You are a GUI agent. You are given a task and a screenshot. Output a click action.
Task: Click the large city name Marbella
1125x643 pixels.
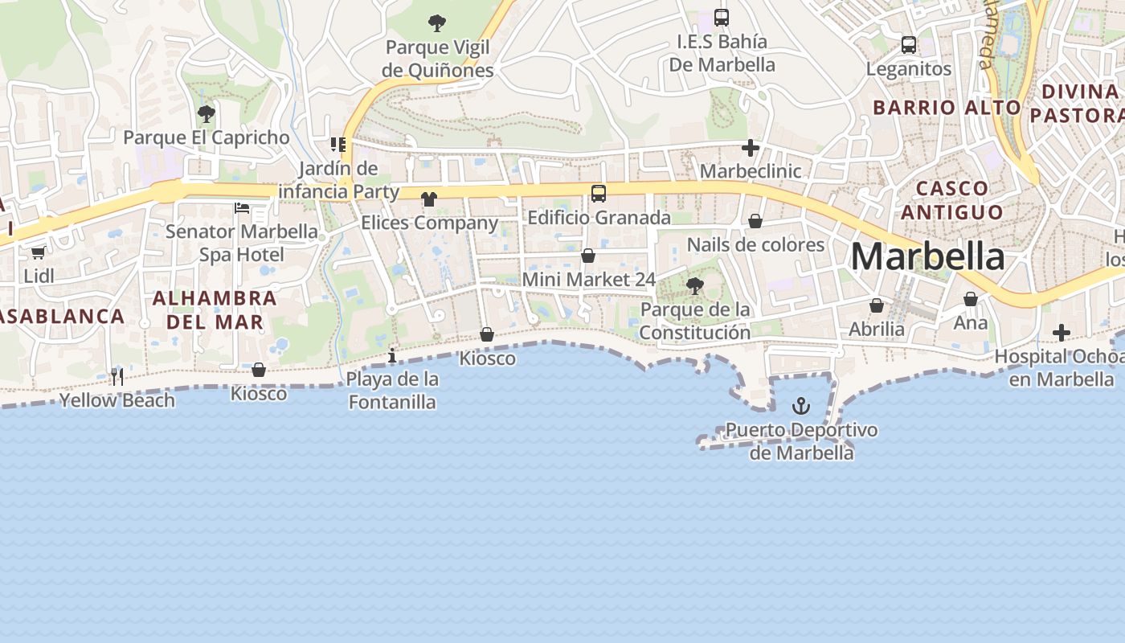(927, 256)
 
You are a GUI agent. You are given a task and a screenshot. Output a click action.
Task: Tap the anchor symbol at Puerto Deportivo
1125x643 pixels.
(800, 406)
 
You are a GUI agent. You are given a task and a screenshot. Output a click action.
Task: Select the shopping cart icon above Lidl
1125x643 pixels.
(38, 252)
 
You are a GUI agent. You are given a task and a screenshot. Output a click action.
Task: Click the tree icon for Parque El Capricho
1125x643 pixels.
(207, 113)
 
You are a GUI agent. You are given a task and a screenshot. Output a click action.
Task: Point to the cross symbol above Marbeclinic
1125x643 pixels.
(751, 148)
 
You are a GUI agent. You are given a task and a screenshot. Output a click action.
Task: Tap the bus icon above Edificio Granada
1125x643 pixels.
(599, 193)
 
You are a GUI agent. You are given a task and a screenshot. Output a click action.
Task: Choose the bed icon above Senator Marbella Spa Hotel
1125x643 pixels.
(242, 208)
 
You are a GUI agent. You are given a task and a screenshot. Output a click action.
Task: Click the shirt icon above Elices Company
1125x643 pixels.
(429, 199)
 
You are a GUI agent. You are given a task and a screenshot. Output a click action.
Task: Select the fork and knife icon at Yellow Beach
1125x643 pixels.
(117, 377)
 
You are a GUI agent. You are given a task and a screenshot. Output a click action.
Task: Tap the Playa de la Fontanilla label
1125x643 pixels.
(393, 391)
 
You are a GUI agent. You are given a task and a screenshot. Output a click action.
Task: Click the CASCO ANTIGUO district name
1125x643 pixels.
(952, 200)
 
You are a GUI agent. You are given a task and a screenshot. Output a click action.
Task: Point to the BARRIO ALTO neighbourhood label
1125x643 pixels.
(947, 108)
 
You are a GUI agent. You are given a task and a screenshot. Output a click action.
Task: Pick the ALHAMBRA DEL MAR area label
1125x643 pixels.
(215, 310)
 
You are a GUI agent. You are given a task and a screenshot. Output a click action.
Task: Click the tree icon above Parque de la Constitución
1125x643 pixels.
(695, 285)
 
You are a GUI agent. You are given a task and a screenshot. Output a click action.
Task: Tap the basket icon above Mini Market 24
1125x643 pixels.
(588, 256)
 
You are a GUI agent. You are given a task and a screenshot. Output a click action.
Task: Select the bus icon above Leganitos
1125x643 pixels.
(909, 45)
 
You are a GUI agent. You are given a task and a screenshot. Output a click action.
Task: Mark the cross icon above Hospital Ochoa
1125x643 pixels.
(1062, 332)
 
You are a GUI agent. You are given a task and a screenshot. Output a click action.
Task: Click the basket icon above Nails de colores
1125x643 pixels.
(755, 221)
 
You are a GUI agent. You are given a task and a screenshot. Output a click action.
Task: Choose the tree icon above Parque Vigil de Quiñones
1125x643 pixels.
(437, 23)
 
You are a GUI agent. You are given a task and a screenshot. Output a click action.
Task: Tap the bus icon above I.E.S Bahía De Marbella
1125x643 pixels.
(722, 18)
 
